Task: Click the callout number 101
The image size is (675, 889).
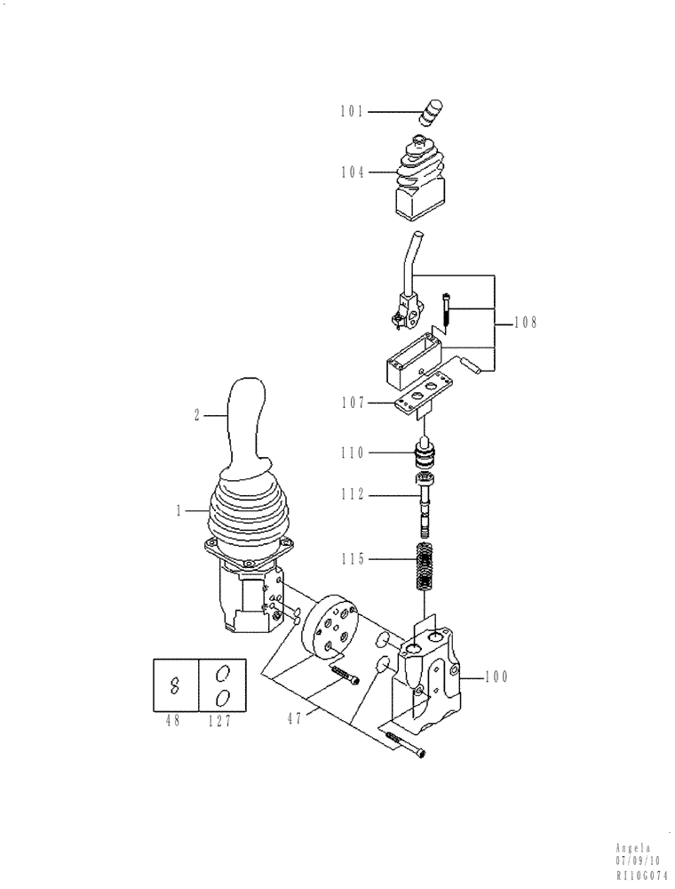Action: (352, 112)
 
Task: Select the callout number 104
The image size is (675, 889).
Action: (352, 172)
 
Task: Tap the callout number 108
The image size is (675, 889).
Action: (525, 324)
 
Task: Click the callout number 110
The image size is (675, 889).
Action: (352, 453)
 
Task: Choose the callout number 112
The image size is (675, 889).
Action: (352, 494)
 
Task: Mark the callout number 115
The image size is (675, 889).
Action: (352, 559)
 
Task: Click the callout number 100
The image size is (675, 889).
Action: (495, 677)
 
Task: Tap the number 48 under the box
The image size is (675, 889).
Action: (172, 721)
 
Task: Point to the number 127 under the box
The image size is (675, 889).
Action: (218, 721)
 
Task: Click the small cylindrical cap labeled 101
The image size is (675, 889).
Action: (433, 113)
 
